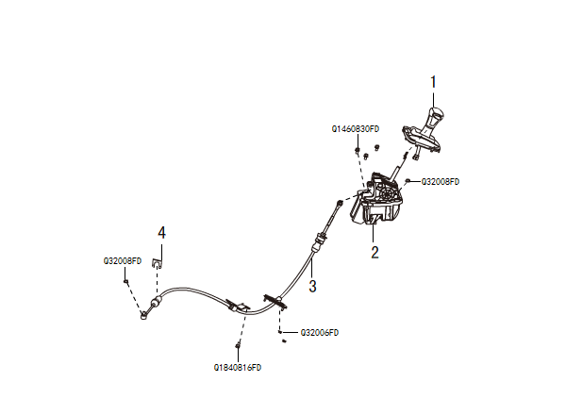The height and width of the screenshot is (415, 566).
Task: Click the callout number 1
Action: coord(434,82)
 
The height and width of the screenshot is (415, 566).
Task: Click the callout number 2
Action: coord(375,252)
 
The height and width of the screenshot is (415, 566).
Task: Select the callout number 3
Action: coord(312,283)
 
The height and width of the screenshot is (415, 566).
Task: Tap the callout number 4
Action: coord(162,231)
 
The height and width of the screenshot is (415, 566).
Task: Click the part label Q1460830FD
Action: coord(355,128)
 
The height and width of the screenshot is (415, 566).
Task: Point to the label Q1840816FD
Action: coord(238,366)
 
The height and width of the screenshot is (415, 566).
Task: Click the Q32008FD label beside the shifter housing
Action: coord(440,181)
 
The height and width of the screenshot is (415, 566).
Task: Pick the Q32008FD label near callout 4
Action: coord(123,260)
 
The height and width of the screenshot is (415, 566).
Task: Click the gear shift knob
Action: coord(434,121)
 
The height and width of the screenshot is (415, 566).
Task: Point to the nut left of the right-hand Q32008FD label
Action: coord(407,179)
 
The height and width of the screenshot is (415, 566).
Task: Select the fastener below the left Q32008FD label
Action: coord(125,281)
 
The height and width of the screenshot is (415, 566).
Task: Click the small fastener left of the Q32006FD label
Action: coord(281,331)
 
